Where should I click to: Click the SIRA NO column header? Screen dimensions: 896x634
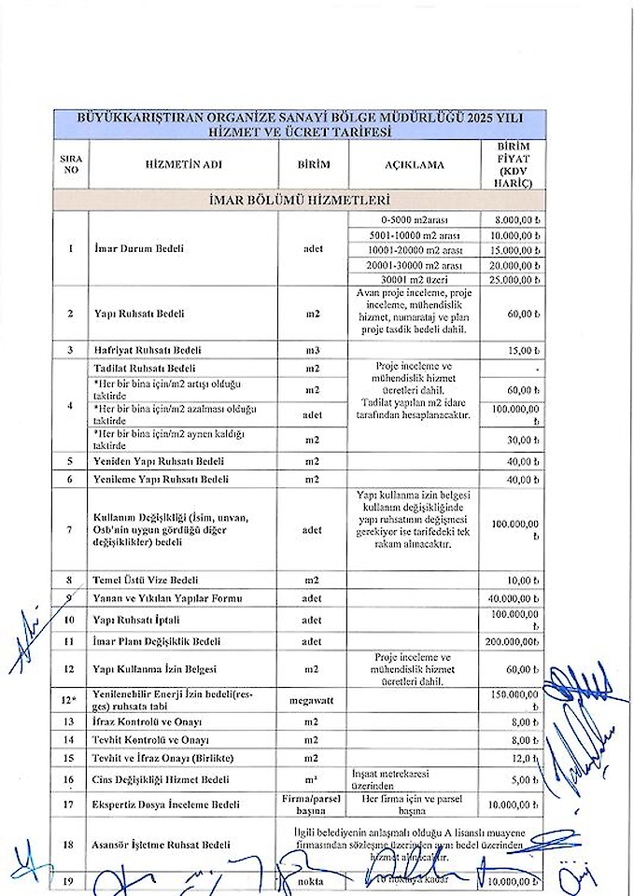point(70,165)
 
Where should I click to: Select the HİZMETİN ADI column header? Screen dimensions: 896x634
point(183,165)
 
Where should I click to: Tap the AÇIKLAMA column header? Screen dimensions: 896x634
point(415,165)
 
